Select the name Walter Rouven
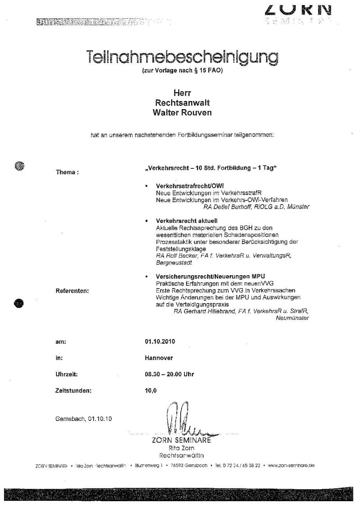coord(182,113)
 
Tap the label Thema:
coord(67,172)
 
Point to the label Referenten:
coord(72,291)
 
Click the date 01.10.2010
coord(160,341)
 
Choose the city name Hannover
coord(159,358)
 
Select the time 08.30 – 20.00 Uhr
coord(169,374)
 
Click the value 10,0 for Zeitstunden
coord(151,390)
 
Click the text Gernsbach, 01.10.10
coord(84,419)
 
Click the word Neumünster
coord(292,318)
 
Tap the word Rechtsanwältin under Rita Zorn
coord(181,455)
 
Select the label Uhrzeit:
coord(67,374)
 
